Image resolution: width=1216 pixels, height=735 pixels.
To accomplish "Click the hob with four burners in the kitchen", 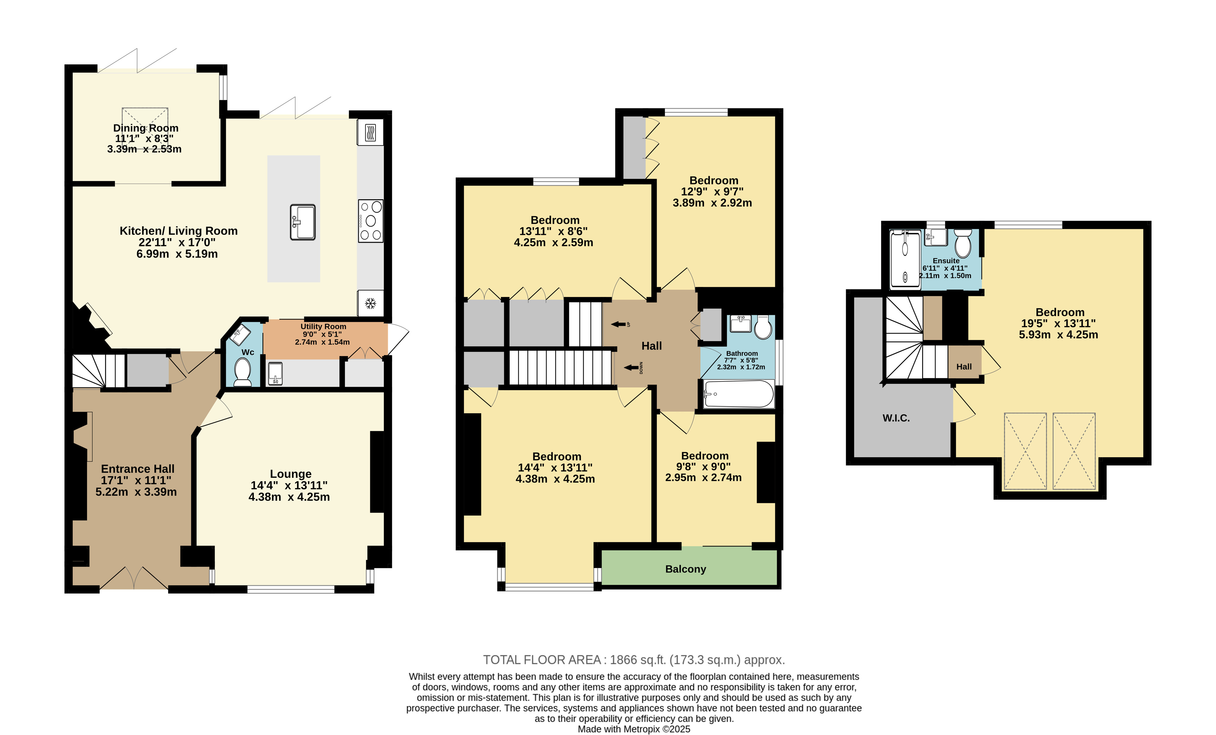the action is click(371, 221).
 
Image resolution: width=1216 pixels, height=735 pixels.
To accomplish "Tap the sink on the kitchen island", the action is click(303, 222).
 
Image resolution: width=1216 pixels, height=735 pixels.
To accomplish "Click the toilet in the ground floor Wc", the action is click(242, 371).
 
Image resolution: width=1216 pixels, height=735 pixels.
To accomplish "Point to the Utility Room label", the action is click(323, 327).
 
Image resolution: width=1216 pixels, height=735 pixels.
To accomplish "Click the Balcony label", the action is click(685, 569).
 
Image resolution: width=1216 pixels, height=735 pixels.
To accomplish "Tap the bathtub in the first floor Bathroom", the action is click(739, 394).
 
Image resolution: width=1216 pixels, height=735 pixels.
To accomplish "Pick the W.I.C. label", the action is click(896, 418).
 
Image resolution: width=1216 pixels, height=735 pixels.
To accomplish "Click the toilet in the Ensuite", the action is click(963, 243).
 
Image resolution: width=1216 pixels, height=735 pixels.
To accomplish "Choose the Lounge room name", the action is click(291, 474).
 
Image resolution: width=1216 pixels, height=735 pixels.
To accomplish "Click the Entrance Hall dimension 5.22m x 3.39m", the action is click(136, 492).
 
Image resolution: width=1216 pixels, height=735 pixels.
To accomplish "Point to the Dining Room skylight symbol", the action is click(145, 129).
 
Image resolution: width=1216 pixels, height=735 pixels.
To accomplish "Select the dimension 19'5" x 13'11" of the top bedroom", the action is click(1058, 324).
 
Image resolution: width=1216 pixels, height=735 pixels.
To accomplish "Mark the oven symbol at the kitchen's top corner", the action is click(370, 132).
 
